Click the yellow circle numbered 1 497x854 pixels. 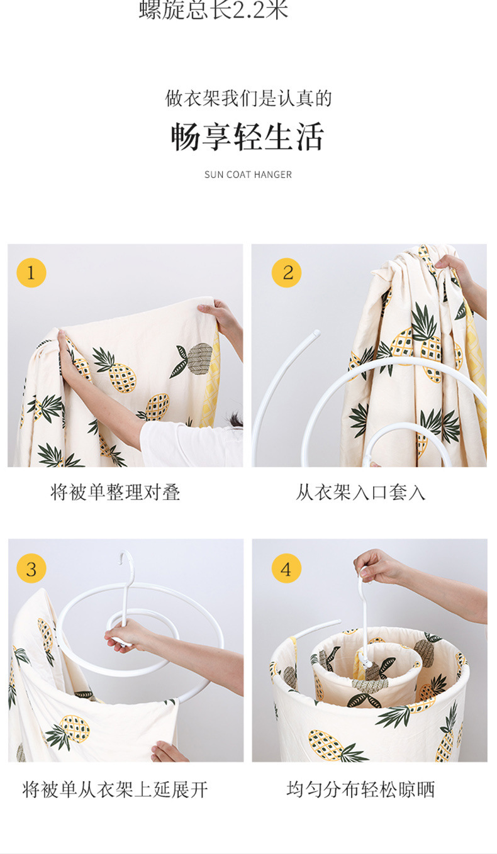click(31, 272)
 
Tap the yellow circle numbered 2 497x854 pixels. click(286, 272)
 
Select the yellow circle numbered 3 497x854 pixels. click(31, 568)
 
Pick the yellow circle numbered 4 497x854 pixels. click(286, 568)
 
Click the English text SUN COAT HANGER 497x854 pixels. click(248, 175)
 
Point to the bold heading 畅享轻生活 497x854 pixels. click(247, 136)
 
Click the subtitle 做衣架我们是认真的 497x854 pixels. click(248, 98)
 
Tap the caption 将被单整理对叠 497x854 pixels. click(115, 492)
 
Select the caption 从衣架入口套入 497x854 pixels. click(360, 492)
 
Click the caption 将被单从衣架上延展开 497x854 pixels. click(115, 789)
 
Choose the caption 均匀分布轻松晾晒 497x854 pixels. click(360, 789)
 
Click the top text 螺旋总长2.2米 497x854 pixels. click(214, 9)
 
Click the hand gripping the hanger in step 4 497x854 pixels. click(376, 566)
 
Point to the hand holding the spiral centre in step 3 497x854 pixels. click(128, 635)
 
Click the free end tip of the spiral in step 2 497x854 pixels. click(316, 333)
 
